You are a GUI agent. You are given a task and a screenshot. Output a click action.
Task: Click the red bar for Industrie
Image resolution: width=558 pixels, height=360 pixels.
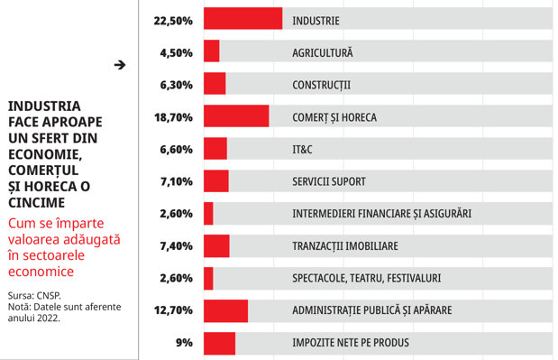(243, 19)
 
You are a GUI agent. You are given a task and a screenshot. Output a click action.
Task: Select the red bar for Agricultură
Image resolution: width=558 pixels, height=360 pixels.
(211, 51)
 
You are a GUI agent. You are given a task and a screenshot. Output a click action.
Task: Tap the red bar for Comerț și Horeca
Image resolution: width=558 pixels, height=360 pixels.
(236, 115)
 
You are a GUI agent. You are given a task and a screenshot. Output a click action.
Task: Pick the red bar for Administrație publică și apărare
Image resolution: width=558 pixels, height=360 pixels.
(225, 311)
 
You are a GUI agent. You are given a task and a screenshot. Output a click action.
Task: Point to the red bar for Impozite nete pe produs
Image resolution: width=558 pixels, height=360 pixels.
(220, 344)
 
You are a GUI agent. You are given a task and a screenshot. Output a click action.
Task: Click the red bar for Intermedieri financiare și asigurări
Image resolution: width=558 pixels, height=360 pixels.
(208, 213)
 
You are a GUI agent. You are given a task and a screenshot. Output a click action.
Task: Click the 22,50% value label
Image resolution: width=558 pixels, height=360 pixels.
(173, 21)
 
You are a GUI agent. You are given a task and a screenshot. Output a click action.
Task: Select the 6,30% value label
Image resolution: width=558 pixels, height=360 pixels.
(176, 85)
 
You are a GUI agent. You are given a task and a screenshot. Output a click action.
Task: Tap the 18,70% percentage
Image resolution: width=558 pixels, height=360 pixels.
(173, 117)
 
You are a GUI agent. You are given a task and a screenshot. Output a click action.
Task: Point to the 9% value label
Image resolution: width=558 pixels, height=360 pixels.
(184, 343)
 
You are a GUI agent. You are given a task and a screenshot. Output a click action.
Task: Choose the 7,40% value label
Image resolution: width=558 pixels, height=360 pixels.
(176, 246)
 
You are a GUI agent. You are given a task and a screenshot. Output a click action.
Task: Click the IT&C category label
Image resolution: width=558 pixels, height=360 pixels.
(303, 149)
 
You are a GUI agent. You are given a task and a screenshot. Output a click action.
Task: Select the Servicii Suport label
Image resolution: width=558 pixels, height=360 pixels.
(329, 181)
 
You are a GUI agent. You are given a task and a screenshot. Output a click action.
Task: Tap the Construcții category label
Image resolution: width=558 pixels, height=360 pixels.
(321, 85)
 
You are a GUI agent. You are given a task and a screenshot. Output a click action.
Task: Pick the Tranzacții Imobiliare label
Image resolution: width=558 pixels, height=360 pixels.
(345, 246)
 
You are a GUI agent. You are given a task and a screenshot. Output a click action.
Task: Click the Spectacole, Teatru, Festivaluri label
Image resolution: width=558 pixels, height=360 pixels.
(367, 278)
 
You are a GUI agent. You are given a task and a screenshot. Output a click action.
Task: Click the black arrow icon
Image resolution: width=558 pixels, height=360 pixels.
(120, 65)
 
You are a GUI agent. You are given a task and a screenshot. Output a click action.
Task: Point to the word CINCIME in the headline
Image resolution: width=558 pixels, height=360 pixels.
(37, 203)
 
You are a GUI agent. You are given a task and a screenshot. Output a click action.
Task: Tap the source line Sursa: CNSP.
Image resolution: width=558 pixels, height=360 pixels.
(34, 296)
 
